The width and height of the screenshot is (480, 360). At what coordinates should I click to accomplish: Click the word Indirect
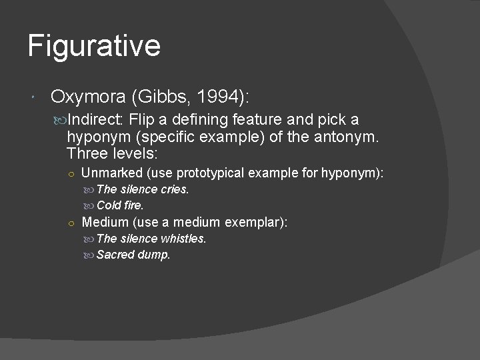[97, 120]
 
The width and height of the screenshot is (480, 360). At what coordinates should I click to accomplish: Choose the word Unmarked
[111, 173]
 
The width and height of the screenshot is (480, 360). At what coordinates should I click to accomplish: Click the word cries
[175, 189]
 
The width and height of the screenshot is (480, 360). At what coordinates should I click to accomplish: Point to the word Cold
[109, 205]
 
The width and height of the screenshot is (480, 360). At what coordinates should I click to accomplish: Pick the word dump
[155, 255]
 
